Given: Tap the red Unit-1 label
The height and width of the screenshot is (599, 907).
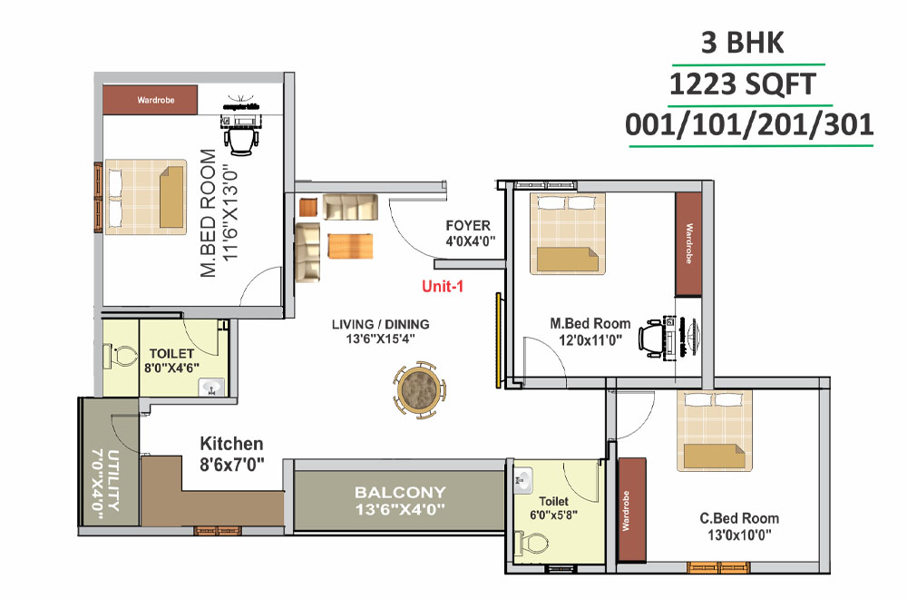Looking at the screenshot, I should click(443, 287).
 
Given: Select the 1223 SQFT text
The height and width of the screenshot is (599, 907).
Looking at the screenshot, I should click(743, 86).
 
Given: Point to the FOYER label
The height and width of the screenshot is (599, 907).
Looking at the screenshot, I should click(468, 225).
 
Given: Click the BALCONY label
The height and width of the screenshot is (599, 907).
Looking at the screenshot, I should click(400, 493).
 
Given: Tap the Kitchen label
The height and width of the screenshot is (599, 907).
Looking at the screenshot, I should click(231, 444).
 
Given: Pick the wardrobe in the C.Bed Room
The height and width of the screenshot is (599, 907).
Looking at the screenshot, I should click(631, 511).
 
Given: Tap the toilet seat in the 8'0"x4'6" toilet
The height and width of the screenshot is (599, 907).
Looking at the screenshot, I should click(115, 358).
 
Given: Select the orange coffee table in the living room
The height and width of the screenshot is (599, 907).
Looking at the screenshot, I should click(350, 246).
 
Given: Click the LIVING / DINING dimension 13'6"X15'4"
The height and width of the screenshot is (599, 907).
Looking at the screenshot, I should click(380, 339).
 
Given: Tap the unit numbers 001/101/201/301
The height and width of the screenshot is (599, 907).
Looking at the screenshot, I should click(749, 124).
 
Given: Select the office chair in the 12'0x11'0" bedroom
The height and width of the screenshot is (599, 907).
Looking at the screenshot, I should click(651, 339).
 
